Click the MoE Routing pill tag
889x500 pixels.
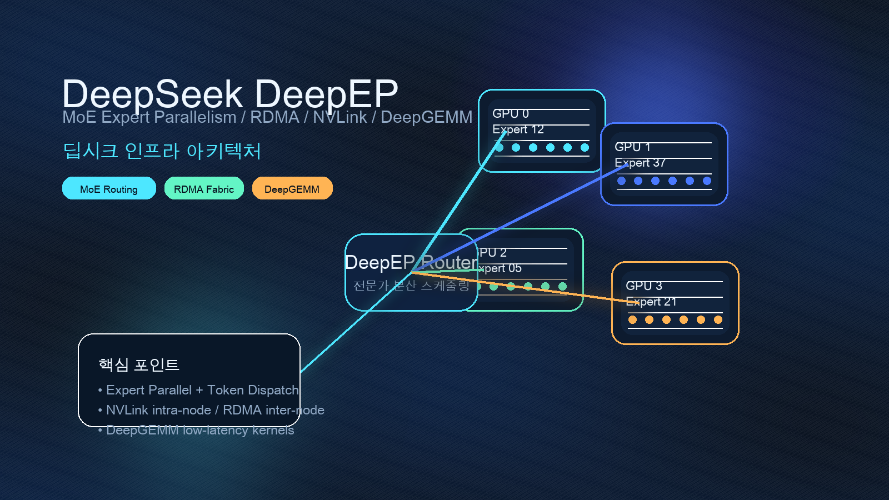tap(109, 189)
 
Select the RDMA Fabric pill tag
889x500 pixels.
tap(204, 189)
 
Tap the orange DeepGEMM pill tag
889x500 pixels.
tap(292, 189)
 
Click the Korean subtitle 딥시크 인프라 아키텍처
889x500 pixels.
tap(162, 151)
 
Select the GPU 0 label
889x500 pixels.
tap(511, 114)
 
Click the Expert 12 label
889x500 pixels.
tap(518, 129)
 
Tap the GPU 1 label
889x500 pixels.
tap(632, 147)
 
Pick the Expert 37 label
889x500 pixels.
tap(640, 163)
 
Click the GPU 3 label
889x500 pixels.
tap(644, 286)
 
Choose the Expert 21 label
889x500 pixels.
tap(651, 302)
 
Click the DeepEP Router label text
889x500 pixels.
tap(411, 262)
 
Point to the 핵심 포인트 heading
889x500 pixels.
tap(139, 365)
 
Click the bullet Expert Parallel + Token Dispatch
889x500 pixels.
tap(202, 390)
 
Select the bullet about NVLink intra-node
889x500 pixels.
tap(215, 410)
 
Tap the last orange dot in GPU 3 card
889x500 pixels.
tap(718, 319)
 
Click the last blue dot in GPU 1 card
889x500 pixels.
tap(707, 181)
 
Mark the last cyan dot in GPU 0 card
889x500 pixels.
tap(585, 147)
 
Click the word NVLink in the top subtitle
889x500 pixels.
tap(339, 117)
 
